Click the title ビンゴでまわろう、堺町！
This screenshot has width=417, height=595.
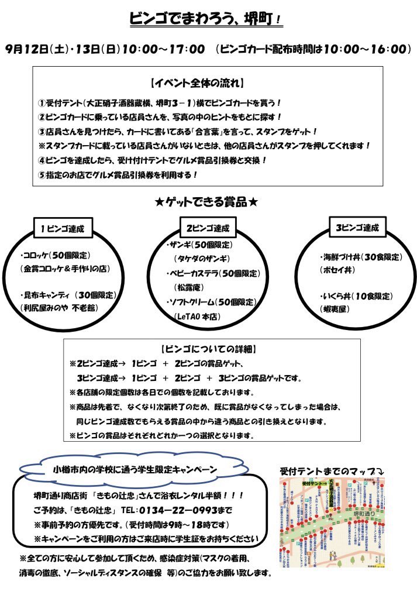(206, 19)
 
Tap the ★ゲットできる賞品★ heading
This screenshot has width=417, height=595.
(207, 202)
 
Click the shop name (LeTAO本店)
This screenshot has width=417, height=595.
(201, 316)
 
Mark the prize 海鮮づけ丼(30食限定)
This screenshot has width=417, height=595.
(361, 257)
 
